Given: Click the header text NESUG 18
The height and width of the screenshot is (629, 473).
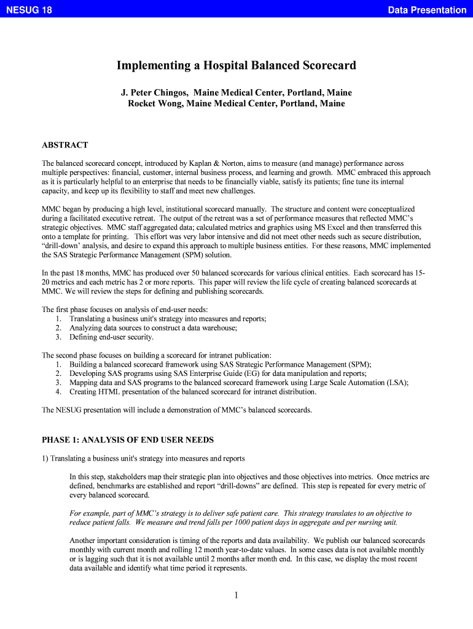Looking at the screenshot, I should (29, 10).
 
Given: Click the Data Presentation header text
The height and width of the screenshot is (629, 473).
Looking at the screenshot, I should (427, 10).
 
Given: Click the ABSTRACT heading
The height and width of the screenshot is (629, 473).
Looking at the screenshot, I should (64, 146).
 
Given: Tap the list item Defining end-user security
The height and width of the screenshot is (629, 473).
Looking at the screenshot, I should (111, 337).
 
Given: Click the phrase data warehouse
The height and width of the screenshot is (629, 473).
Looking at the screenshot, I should (214, 328).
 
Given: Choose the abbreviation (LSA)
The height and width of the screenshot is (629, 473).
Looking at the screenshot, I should (397, 382).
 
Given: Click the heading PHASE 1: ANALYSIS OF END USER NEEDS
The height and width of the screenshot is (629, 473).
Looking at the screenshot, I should (128, 440).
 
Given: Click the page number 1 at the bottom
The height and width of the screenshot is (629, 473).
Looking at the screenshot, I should (237, 595).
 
